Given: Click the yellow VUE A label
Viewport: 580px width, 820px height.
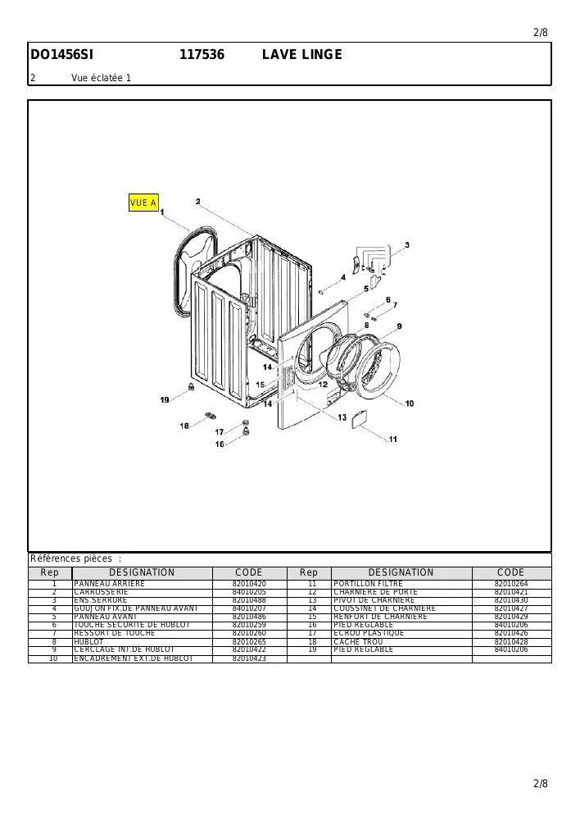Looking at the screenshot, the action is pos(143,203).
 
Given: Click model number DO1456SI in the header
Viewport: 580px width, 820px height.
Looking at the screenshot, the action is pos(61,54).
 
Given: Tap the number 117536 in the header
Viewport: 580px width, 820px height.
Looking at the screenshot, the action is pos(202,54).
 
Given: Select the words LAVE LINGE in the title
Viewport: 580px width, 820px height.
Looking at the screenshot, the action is pos(302,54).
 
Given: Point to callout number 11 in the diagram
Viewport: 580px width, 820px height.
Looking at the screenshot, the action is pos(393,440).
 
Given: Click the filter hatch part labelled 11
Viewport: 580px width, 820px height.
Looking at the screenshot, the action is pos(360,419).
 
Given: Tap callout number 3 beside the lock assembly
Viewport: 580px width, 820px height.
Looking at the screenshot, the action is pos(407,244).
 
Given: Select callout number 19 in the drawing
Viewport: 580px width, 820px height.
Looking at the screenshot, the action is pos(165,400).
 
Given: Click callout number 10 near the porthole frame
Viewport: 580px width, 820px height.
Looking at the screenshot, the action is pos(410,403).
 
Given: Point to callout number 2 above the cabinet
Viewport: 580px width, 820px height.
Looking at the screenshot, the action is pos(198,202).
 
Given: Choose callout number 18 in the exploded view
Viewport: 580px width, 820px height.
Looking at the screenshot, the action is pos(184,426).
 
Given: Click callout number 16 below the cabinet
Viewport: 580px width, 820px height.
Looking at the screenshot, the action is pos(220,444).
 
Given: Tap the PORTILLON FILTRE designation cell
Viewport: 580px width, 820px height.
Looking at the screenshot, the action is pos(368,584).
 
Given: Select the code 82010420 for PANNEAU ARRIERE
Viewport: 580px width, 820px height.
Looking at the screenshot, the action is pos(249,584).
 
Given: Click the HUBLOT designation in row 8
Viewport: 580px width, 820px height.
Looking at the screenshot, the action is pos(88,642).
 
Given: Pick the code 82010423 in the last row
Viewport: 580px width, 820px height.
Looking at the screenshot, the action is pos(249,658).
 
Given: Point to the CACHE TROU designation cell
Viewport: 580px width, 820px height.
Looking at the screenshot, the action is pos(358,642).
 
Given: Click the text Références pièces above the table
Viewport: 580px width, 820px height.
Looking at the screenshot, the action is pos(71,558).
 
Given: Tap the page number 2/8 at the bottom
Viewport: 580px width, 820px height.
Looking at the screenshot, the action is pos(541,783).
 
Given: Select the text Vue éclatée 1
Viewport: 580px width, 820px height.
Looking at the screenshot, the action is pos(102,78).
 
